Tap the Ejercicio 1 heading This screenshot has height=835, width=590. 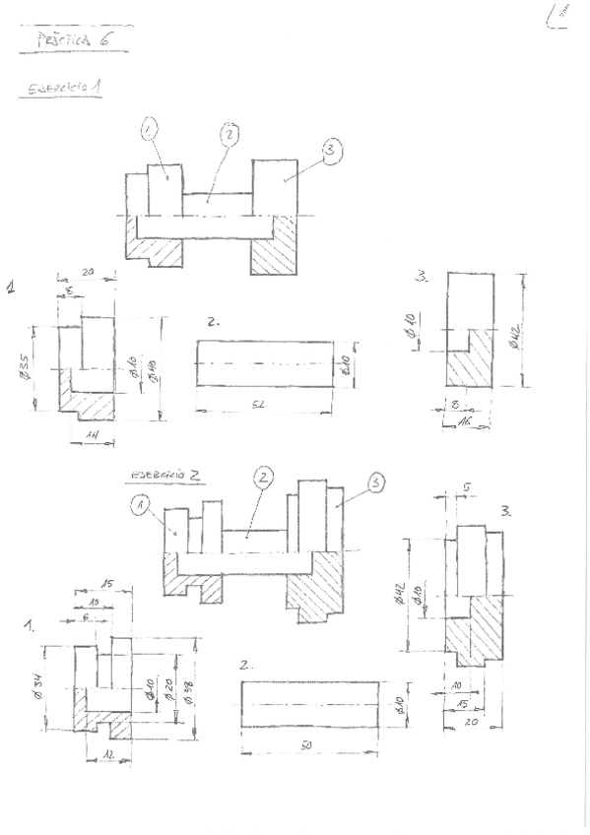point(61,88)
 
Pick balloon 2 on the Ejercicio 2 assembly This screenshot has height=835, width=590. point(262,479)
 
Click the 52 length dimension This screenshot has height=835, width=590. point(269,406)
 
